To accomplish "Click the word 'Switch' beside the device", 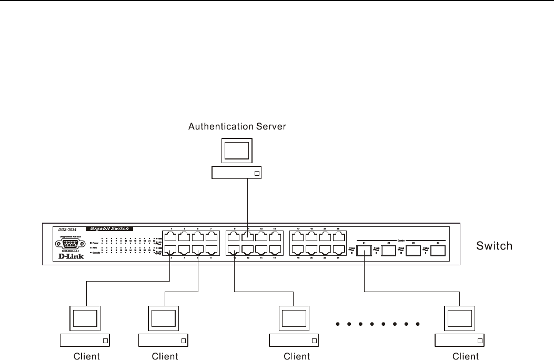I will pos(494,246).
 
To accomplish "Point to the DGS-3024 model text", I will pos(67,229).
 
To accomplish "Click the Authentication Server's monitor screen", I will pos(236,151).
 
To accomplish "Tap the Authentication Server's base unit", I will pos(236,173).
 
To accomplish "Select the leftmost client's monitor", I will pos(85,318).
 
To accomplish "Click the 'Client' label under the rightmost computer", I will pos(465,356).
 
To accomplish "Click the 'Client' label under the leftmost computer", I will pos(86,356).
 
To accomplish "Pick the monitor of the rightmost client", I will pos(460,318).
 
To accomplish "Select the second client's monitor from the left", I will pos(163,318).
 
